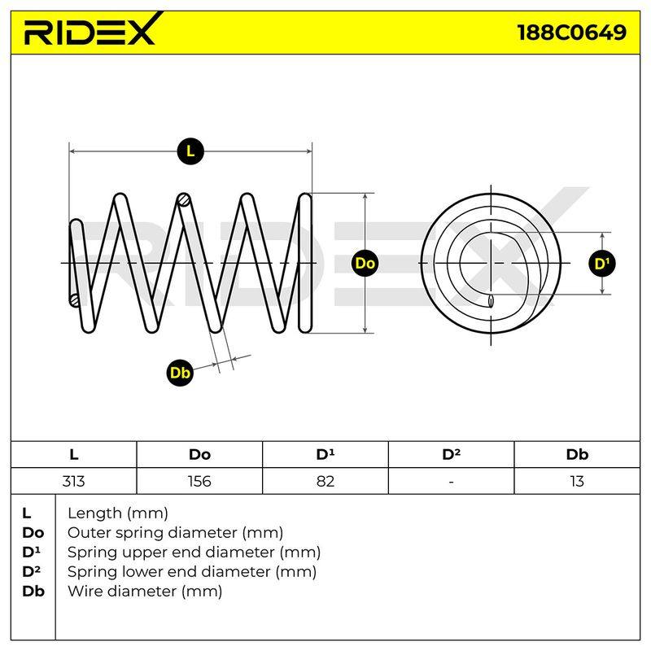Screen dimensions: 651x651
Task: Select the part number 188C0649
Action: click(572, 33)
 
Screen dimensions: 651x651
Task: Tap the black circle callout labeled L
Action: click(190, 151)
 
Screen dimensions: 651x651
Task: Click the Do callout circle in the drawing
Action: click(365, 263)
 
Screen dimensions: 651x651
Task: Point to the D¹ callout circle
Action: click(602, 263)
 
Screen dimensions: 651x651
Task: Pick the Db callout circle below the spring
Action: click(180, 373)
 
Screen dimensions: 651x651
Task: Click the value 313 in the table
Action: click(73, 481)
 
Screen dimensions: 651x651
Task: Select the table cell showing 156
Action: click(199, 481)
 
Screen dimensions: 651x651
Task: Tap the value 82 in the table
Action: click(325, 481)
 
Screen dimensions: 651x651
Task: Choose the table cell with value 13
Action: click(577, 481)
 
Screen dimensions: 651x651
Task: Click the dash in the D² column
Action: click(452, 482)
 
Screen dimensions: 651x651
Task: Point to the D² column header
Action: click(452, 454)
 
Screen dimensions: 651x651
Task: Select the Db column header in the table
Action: click(577, 454)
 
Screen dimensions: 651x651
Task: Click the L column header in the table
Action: click(74, 455)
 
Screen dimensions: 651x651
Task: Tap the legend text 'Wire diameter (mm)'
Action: click(145, 592)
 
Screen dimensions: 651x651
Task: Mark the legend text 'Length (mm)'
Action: click(118, 513)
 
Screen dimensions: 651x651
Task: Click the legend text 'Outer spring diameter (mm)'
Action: click(175, 533)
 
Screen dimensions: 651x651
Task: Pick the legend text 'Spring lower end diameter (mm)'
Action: click(192, 572)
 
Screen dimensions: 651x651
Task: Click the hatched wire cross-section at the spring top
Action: click(184, 200)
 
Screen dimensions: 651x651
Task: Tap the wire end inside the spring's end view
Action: click(491, 301)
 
